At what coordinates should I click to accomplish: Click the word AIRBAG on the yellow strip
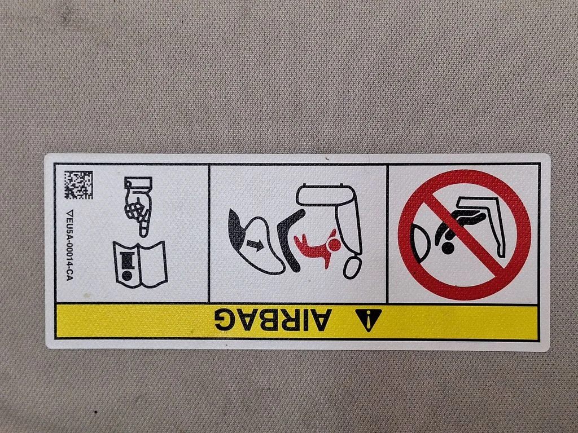273,319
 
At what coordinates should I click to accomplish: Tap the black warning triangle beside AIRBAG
369,320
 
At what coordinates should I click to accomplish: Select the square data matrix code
78,185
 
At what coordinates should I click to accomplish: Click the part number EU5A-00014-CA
69,245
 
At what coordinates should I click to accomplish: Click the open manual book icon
141,264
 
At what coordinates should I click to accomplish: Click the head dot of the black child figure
448,248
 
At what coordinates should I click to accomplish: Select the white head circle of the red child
334,245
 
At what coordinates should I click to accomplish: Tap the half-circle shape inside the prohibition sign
420,243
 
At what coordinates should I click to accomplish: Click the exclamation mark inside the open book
127,265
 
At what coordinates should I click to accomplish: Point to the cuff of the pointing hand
138,184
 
